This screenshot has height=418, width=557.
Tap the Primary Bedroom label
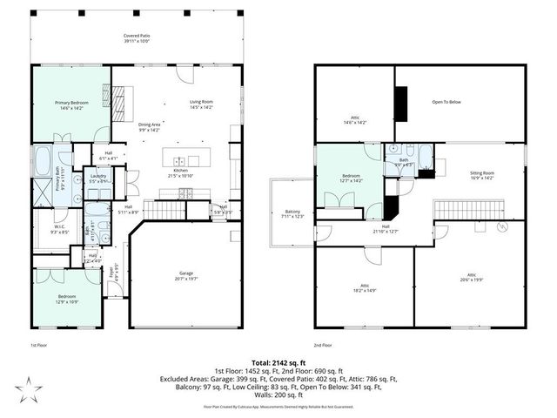point(72,104)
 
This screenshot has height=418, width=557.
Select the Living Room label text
point(202,104)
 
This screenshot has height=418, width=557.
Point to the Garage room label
point(181,275)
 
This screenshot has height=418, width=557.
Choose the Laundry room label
point(98,178)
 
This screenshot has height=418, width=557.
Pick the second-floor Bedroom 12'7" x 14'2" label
point(352,179)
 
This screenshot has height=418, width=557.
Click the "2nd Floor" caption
point(325,346)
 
